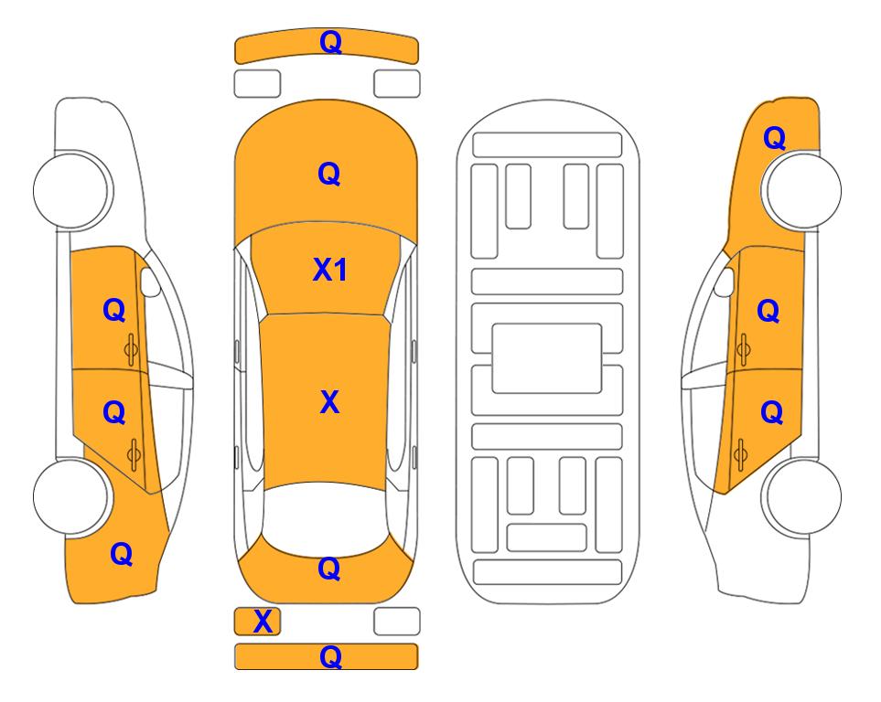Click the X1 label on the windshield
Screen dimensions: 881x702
click(x=329, y=271)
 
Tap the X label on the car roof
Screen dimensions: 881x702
click(x=329, y=402)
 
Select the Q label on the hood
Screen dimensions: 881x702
click(x=329, y=174)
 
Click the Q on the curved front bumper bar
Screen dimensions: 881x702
click(x=330, y=43)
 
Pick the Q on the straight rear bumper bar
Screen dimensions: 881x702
click(x=330, y=656)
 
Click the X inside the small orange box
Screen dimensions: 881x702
click(x=263, y=622)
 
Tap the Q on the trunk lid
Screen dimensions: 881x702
click(x=329, y=569)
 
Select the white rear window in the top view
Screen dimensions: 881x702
click(x=326, y=518)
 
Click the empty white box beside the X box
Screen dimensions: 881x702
click(x=397, y=622)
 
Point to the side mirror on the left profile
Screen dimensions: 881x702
click(x=149, y=282)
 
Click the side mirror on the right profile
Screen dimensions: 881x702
click(x=724, y=282)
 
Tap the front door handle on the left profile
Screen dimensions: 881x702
click(x=132, y=349)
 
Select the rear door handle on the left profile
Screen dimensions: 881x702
click(x=134, y=454)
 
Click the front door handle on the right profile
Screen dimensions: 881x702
click(x=743, y=349)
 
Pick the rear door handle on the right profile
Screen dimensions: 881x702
click(x=740, y=454)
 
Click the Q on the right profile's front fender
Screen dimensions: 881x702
click(x=774, y=138)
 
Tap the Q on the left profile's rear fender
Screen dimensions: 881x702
click(x=122, y=555)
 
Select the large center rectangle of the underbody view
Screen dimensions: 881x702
click(x=547, y=358)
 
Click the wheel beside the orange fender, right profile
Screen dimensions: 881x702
click(x=801, y=190)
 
